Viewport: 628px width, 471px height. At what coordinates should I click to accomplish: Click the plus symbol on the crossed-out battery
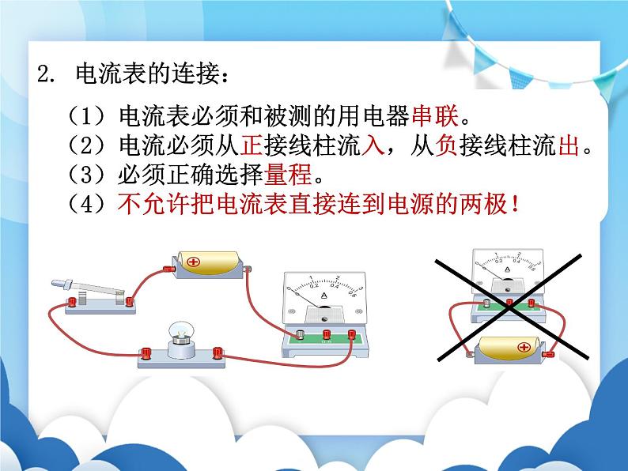pyautogui.click(x=523, y=346)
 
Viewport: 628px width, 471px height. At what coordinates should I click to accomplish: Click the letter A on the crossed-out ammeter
pyautogui.click(x=507, y=270)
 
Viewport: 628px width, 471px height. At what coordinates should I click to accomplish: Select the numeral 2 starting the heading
pyautogui.click(x=43, y=77)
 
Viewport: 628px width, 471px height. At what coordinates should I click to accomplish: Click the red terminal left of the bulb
pyautogui.click(x=145, y=353)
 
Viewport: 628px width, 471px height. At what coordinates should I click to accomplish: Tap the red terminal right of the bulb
pyautogui.click(x=219, y=352)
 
